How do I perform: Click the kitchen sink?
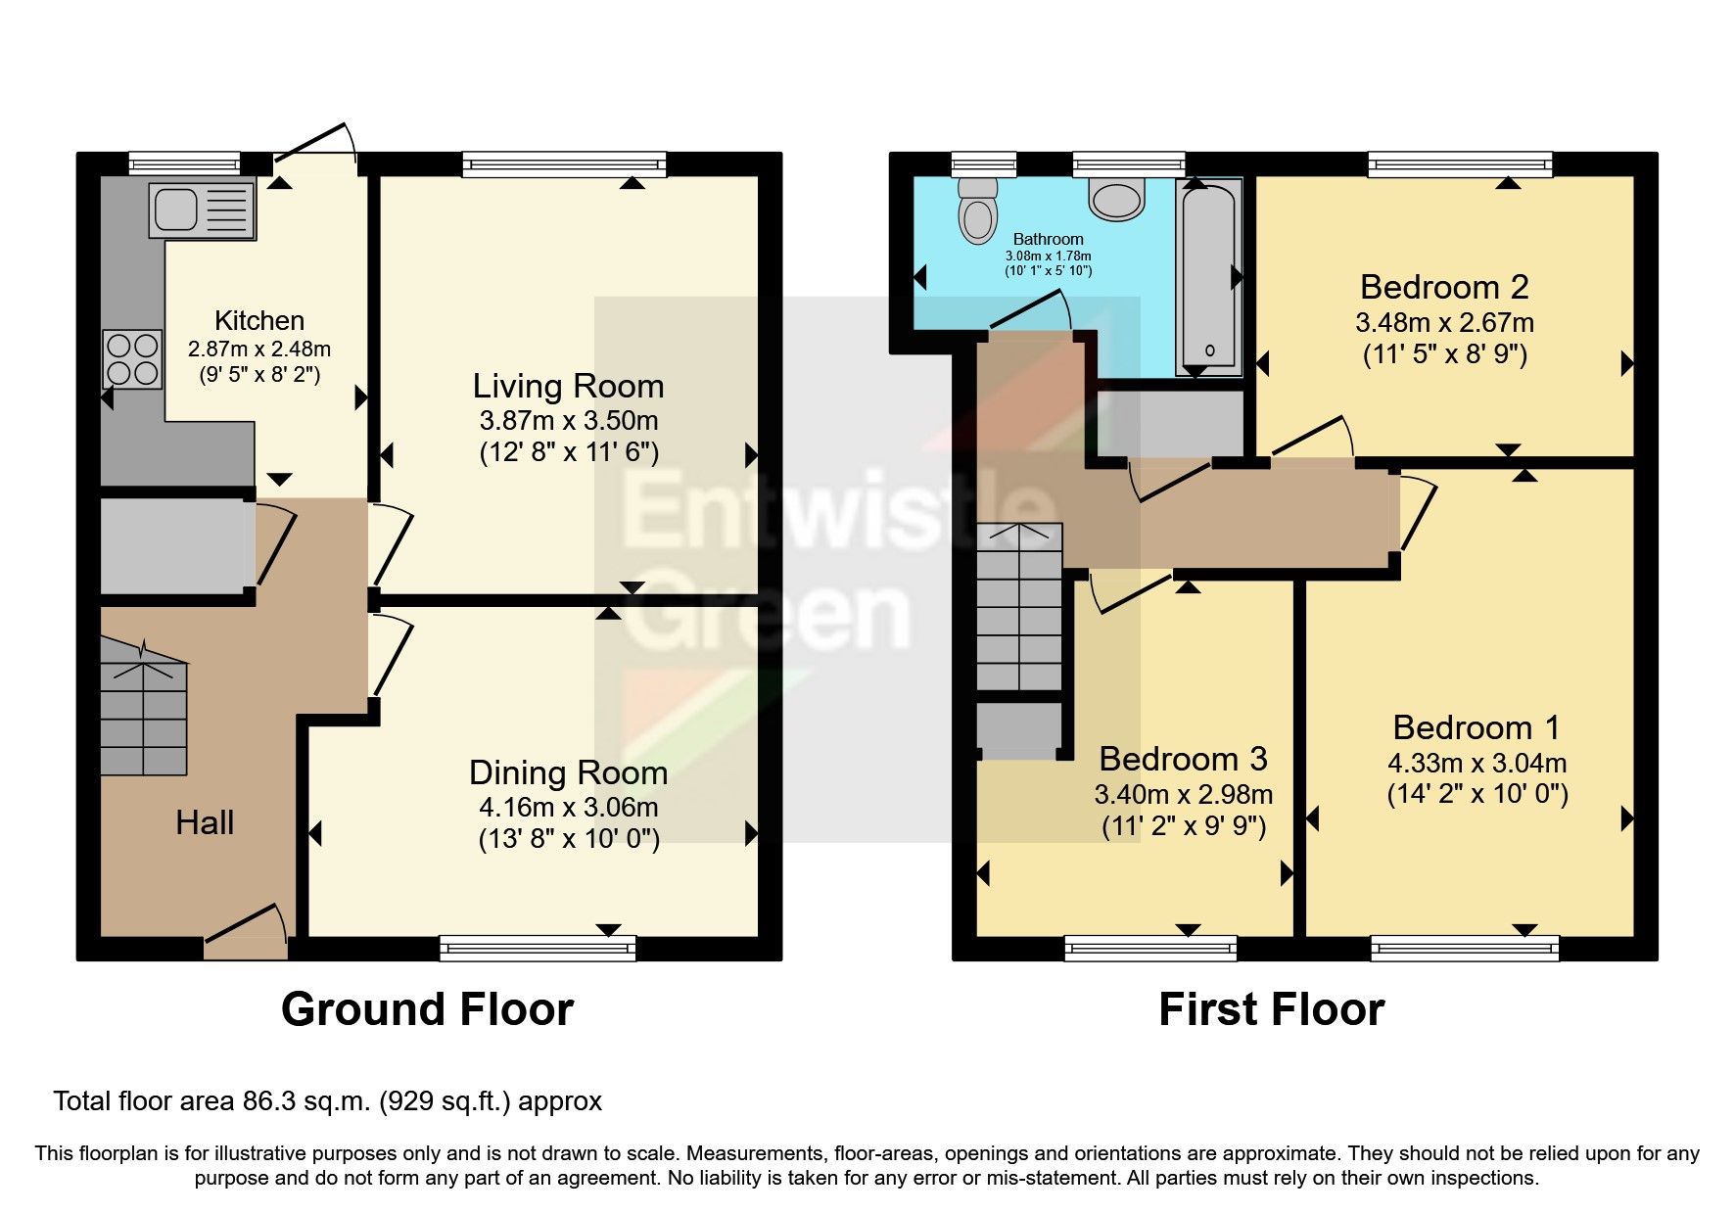pos(202,210)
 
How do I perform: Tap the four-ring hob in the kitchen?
pos(132,359)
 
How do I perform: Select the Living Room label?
pos(568,386)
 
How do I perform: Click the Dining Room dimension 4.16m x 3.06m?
pos(568,808)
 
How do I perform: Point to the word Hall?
pos(205,822)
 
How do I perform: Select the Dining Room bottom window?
pos(538,947)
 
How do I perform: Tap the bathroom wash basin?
pos(1117,200)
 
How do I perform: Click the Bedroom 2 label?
pos(1444,287)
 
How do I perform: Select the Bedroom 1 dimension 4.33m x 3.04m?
pos(1476,763)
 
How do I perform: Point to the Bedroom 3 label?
pos(1183,759)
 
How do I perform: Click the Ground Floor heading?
pos(427,1009)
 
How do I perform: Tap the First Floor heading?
pos(1271,1009)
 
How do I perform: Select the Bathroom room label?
pos(1048,239)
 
